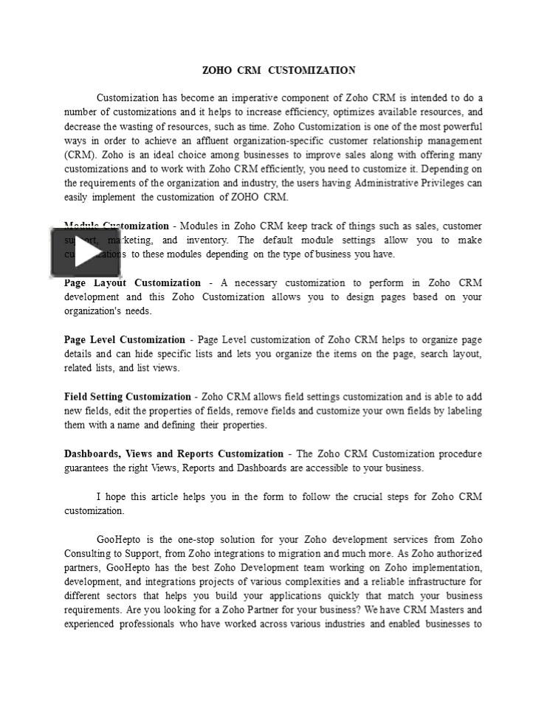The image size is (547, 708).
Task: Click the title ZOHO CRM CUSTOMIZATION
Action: tap(278, 70)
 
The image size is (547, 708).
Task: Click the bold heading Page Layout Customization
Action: tap(132, 282)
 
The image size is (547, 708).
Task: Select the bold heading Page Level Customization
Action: tap(124, 340)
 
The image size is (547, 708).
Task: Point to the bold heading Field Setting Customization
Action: tap(127, 397)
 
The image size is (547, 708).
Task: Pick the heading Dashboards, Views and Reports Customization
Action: tap(173, 454)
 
